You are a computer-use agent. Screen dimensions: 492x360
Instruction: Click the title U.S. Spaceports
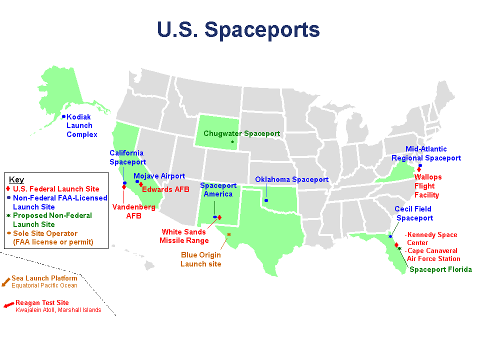pyautogui.click(x=238, y=29)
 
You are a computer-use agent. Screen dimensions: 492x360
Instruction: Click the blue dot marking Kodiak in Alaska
pyautogui.click(x=63, y=116)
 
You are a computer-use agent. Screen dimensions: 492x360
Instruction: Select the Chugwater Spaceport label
pyautogui.click(x=241, y=133)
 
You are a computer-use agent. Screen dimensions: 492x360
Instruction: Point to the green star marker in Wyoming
pyautogui.click(x=232, y=142)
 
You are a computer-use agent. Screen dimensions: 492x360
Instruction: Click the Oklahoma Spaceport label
pyautogui.click(x=291, y=179)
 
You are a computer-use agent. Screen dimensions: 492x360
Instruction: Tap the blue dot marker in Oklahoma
pyautogui.click(x=266, y=200)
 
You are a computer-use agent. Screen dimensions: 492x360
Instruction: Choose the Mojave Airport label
pyautogui.click(x=159, y=176)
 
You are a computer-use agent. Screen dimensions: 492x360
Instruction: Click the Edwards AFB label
pyautogui.click(x=166, y=189)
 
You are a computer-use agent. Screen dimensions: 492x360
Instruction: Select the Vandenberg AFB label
pyautogui.click(x=126, y=211)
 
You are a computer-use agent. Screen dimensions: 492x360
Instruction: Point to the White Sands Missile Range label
pyautogui.click(x=184, y=236)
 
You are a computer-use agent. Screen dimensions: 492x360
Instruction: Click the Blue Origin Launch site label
pyautogui.click(x=200, y=259)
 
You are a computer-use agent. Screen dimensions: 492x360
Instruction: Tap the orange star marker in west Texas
pyautogui.click(x=229, y=234)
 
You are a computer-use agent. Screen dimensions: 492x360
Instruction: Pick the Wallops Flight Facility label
pyautogui.click(x=427, y=186)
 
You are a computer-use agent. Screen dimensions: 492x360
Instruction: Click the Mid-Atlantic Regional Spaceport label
pyautogui.click(x=426, y=153)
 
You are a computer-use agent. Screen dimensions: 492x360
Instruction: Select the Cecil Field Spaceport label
pyautogui.click(x=413, y=213)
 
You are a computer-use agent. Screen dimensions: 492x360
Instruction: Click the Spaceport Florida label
pyautogui.click(x=440, y=269)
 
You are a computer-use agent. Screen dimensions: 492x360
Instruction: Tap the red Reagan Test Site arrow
pyautogui.click(x=8, y=304)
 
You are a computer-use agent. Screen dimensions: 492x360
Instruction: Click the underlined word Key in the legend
pyautogui.click(x=16, y=179)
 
